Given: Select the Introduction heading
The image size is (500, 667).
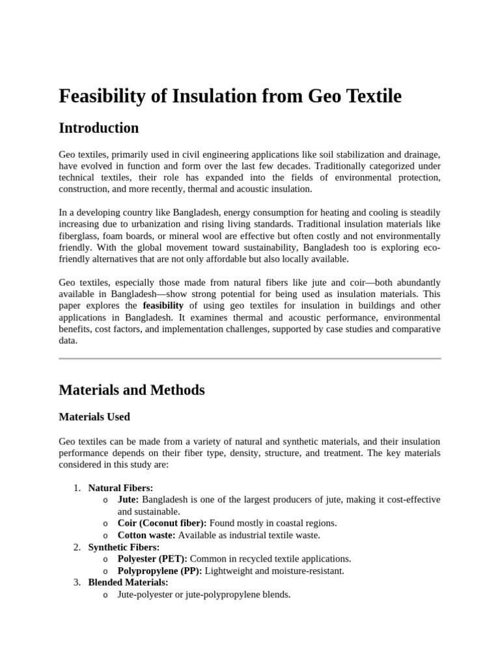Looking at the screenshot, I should [98, 128].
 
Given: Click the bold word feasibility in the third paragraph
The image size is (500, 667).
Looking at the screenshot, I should [163, 305].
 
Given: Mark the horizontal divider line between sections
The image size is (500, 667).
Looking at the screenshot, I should [250, 358].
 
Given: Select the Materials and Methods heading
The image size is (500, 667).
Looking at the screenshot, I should [132, 390].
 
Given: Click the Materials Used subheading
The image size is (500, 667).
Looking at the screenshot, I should [94, 417].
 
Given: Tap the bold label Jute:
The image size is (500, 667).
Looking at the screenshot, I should [128, 500].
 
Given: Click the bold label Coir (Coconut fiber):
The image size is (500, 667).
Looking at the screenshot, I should [162, 523].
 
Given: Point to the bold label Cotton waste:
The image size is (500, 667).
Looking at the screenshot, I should [146, 535].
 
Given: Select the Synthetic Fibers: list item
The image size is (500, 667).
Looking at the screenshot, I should [124, 547].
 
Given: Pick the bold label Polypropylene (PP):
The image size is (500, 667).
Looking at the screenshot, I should [160, 571].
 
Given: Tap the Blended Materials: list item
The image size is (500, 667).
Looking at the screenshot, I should [128, 582].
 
